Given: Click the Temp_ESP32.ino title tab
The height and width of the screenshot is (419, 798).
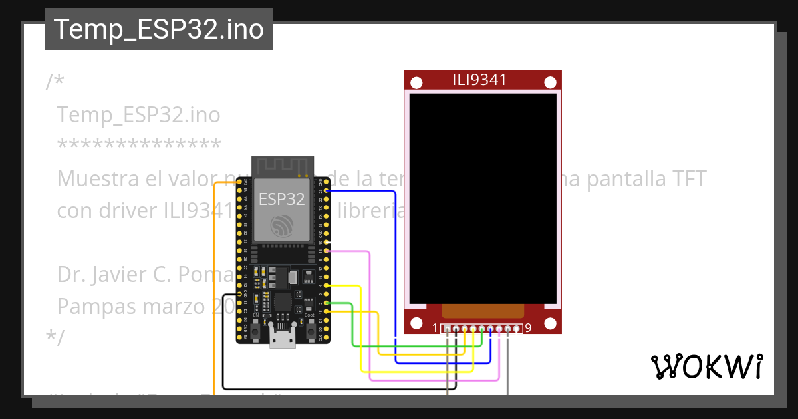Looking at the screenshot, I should click(158, 29).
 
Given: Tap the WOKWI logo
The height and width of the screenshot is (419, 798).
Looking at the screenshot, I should click(706, 366).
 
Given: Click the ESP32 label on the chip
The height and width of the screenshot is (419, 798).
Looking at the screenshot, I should click(281, 198).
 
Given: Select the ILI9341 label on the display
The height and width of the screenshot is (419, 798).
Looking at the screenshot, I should click(479, 80).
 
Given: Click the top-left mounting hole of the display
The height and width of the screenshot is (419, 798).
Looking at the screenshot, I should click(416, 83).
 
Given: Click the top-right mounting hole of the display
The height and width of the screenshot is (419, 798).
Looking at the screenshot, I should click(550, 83).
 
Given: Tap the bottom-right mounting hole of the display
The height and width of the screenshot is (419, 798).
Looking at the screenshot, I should click(550, 323).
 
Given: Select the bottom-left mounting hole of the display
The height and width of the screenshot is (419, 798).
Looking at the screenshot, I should click(416, 323).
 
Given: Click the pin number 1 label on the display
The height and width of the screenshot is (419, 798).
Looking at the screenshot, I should click(435, 328).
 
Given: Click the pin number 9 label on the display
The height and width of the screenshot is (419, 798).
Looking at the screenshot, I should click(528, 328).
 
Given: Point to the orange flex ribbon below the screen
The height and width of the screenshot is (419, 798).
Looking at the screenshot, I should click(482, 311).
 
